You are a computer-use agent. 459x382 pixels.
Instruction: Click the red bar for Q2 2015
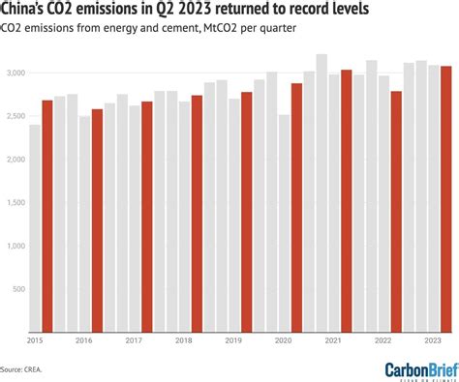tap(47, 216)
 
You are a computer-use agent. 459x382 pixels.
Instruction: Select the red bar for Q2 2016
tap(97, 220)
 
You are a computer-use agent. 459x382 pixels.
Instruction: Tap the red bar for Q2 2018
tap(197, 214)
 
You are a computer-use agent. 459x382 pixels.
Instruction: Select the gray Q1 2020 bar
tap(284, 223)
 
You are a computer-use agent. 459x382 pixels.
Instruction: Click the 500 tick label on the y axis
tap(17, 289)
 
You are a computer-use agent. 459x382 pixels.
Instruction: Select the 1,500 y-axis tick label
tap(15, 203)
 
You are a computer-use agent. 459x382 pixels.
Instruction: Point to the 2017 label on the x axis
tap(134, 340)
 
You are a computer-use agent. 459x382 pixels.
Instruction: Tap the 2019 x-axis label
tap(233, 340)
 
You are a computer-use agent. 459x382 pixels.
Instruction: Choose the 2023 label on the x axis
tap(433, 340)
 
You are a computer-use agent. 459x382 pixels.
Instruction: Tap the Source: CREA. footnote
tap(21, 368)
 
